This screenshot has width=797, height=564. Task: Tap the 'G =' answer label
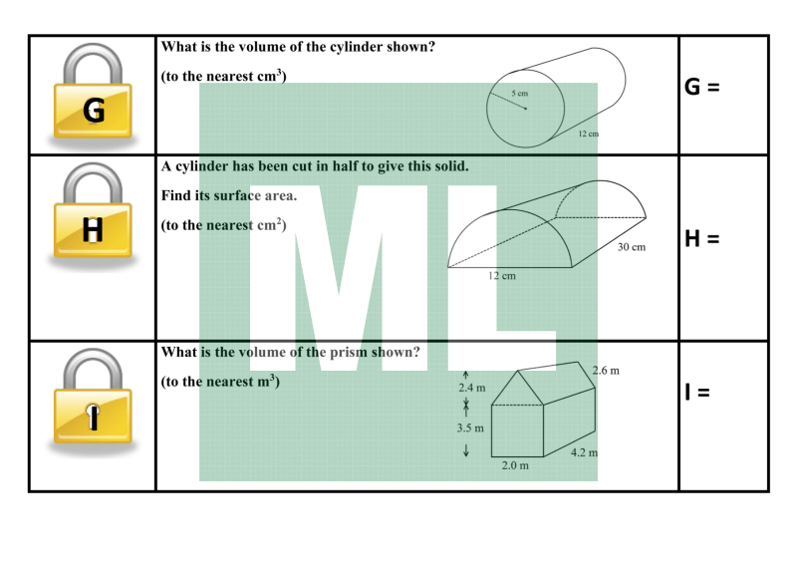pos(702,87)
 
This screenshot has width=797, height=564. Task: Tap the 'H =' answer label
pos(702,238)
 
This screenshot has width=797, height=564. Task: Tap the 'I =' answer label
pos(696,392)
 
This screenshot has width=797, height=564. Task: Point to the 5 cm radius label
pos(519,93)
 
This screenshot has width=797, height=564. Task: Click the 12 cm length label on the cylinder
pos(588,134)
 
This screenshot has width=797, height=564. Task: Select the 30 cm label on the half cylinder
pos(632,247)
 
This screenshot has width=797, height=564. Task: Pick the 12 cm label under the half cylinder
pos(502,276)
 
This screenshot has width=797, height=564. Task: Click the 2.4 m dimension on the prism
pos(471,388)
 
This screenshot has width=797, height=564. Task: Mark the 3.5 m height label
pos(470,428)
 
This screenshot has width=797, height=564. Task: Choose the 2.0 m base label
pos(515,465)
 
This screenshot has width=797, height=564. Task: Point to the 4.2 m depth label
pos(584,452)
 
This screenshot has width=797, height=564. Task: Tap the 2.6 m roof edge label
pos(606,371)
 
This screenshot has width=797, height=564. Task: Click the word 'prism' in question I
pos(348,353)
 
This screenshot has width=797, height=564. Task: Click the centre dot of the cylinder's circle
pos(526,109)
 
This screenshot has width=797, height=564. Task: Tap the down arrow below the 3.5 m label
pos(465,450)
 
